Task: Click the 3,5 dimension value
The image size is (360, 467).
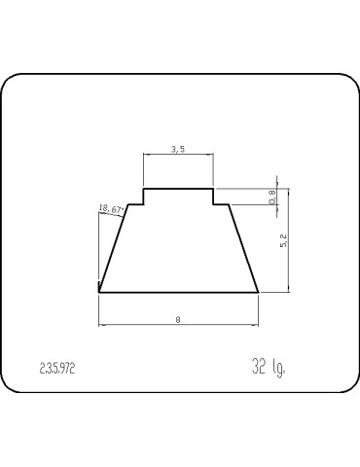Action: tap(178, 150)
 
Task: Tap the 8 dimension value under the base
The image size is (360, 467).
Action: tap(178, 320)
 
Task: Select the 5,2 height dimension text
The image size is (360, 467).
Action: tap(283, 240)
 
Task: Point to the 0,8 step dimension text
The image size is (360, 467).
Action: tap(272, 197)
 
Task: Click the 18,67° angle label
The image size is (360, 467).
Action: tap(112, 209)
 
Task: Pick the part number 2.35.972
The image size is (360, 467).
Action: tap(57, 369)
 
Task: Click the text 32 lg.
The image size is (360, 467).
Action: tap(269, 367)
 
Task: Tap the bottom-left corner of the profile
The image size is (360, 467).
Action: tap(99, 292)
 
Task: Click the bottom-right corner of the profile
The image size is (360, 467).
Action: tap(259, 292)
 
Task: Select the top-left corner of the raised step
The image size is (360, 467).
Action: tap(144, 189)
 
